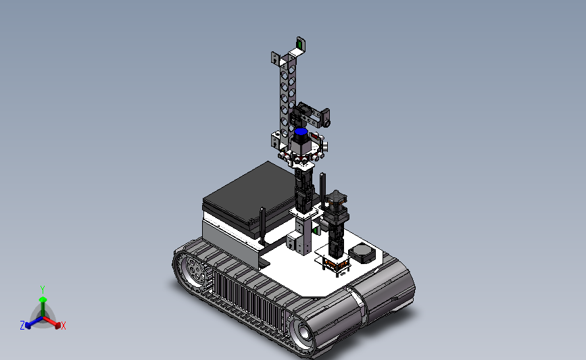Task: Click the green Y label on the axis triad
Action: [43, 290]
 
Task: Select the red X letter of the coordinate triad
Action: [63, 326]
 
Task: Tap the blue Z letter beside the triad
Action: [22, 326]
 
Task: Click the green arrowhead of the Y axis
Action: [43, 300]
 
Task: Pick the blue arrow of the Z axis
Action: [34, 322]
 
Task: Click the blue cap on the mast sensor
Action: [301, 132]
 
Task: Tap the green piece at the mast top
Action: [299, 45]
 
